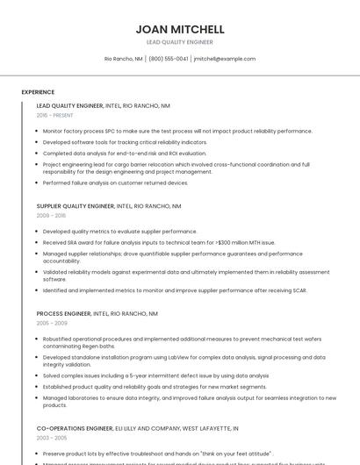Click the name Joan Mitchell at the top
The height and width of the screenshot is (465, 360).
click(x=180, y=29)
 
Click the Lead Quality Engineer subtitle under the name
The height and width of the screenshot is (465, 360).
click(x=180, y=42)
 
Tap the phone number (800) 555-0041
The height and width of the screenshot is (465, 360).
click(x=169, y=59)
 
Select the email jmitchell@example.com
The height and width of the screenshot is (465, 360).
click(x=225, y=59)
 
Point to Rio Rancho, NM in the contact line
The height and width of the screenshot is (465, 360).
click(x=124, y=59)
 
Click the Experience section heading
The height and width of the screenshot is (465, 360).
click(x=38, y=92)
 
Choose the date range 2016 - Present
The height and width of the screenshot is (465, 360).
click(x=55, y=115)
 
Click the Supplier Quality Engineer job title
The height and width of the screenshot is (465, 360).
click(x=76, y=206)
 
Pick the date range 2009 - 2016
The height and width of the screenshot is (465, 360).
click(x=51, y=215)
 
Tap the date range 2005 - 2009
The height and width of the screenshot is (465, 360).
click(x=51, y=323)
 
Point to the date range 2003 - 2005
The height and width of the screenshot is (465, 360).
click(x=51, y=437)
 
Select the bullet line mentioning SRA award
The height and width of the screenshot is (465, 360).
click(x=159, y=242)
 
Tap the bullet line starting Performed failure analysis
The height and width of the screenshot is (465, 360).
click(x=115, y=183)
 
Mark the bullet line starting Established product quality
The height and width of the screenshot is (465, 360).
click(x=155, y=387)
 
